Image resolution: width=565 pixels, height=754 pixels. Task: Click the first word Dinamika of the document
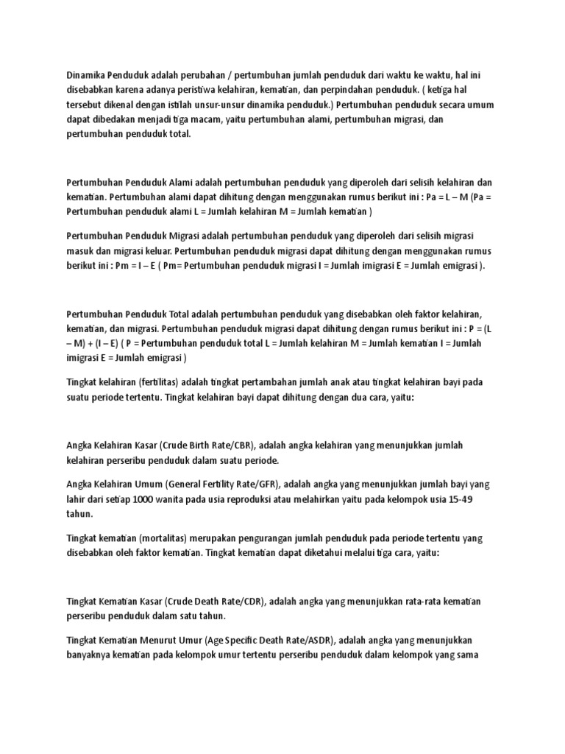pos(85,76)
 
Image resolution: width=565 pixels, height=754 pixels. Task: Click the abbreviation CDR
pos(250,602)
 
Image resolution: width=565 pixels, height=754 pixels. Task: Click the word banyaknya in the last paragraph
pos(91,655)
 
